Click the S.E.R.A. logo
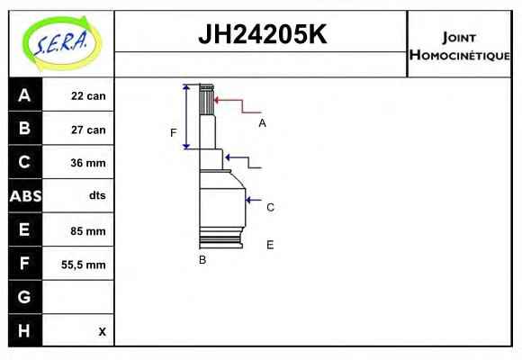click(x=62, y=43)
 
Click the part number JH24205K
click(x=262, y=34)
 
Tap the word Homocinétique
click(x=460, y=55)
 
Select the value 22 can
click(x=88, y=96)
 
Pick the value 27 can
click(x=88, y=130)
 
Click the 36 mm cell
click(x=88, y=163)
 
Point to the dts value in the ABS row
click(x=97, y=195)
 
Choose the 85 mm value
click(x=88, y=230)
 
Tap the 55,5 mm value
click(x=83, y=265)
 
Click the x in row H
click(x=103, y=331)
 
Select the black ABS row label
click(x=25, y=196)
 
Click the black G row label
click(x=25, y=297)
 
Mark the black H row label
click(x=25, y=330)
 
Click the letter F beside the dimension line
click(x=173, y=133)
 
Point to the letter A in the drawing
click(x=262, y=123)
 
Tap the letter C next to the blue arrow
click(x=270, y=208)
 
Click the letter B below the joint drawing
click(x=202, y=260)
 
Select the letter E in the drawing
click(x=270, y=245)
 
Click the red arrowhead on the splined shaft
click(x=216, y=100)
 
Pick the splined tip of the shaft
click(x=206, y=99)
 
